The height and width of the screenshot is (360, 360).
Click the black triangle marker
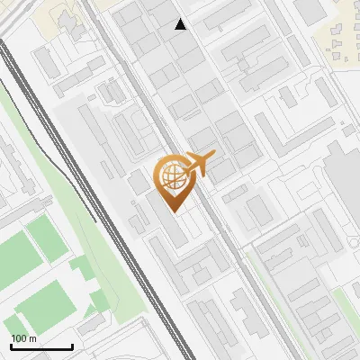181,24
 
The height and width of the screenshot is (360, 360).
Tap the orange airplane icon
199,164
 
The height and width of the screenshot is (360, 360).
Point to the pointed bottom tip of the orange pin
173,211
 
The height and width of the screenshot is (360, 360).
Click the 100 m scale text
23,338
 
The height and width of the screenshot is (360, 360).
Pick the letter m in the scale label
33,338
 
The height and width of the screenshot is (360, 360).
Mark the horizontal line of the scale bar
41,346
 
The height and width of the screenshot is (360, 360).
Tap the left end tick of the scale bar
11,345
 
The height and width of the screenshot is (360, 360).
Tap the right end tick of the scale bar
72,345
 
